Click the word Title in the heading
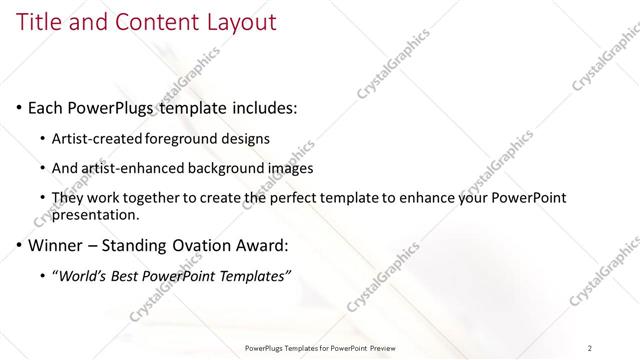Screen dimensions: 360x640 pyautogui.click(x=39, y=21)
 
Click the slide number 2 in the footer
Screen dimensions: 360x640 pyautogui.click(x=590, y=347)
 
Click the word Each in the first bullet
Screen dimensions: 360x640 pyautogui.click(x=46, y=108)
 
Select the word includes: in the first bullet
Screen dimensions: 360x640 pyautogui.click(x=263, y=108)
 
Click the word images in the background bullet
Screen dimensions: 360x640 pyautogui.click(x=292, y=168)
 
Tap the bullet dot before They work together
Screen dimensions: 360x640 pyautogui.click(x=42, y=199)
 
